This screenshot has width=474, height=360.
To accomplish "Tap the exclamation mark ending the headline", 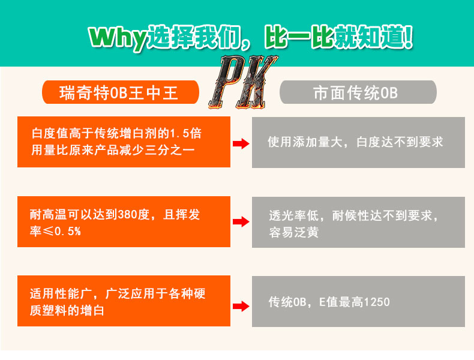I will pos(408,37).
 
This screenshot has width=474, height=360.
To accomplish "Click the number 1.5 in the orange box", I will pos(179,132).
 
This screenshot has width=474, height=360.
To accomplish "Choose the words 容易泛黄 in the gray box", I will pos(293,232).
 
